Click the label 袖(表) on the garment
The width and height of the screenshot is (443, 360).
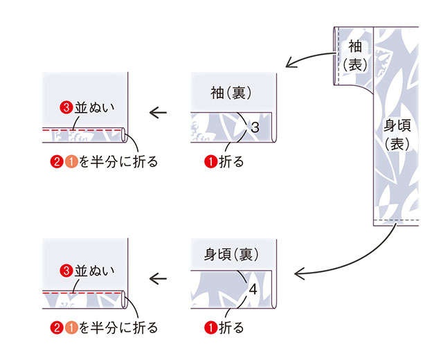coord(355,55)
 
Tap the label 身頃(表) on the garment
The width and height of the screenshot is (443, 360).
coord(397,135)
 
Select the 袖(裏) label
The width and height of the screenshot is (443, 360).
coord(230,93)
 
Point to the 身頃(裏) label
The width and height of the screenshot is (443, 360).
coord(231,254)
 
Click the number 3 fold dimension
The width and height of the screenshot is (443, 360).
coord(255,127)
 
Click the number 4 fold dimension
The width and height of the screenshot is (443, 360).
coord(253,290)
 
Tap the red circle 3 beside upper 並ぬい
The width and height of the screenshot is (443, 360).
coord(66,108)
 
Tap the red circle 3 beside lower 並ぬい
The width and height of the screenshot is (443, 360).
coord(66,271)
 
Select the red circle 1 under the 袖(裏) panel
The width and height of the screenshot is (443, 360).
coord(210,162)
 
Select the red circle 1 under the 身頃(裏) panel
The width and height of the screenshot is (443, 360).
coord(210,327)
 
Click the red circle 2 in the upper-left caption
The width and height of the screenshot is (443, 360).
coord(56,162)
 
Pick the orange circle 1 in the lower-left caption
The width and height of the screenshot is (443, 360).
coord(71,327)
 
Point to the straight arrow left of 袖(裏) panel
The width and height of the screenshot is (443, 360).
coord(159,113)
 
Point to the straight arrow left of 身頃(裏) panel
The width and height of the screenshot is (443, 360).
coord(159,279)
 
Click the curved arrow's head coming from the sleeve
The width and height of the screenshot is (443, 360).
coord(290,63)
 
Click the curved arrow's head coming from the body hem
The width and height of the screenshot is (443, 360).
coord(299,273)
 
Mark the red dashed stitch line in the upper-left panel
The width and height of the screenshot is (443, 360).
coord(82,130)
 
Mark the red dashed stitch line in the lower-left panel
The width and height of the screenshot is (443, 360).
coord(82,294)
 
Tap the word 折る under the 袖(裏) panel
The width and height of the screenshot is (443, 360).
coord(231,162)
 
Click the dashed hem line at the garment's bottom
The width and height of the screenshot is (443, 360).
coord(396,220)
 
